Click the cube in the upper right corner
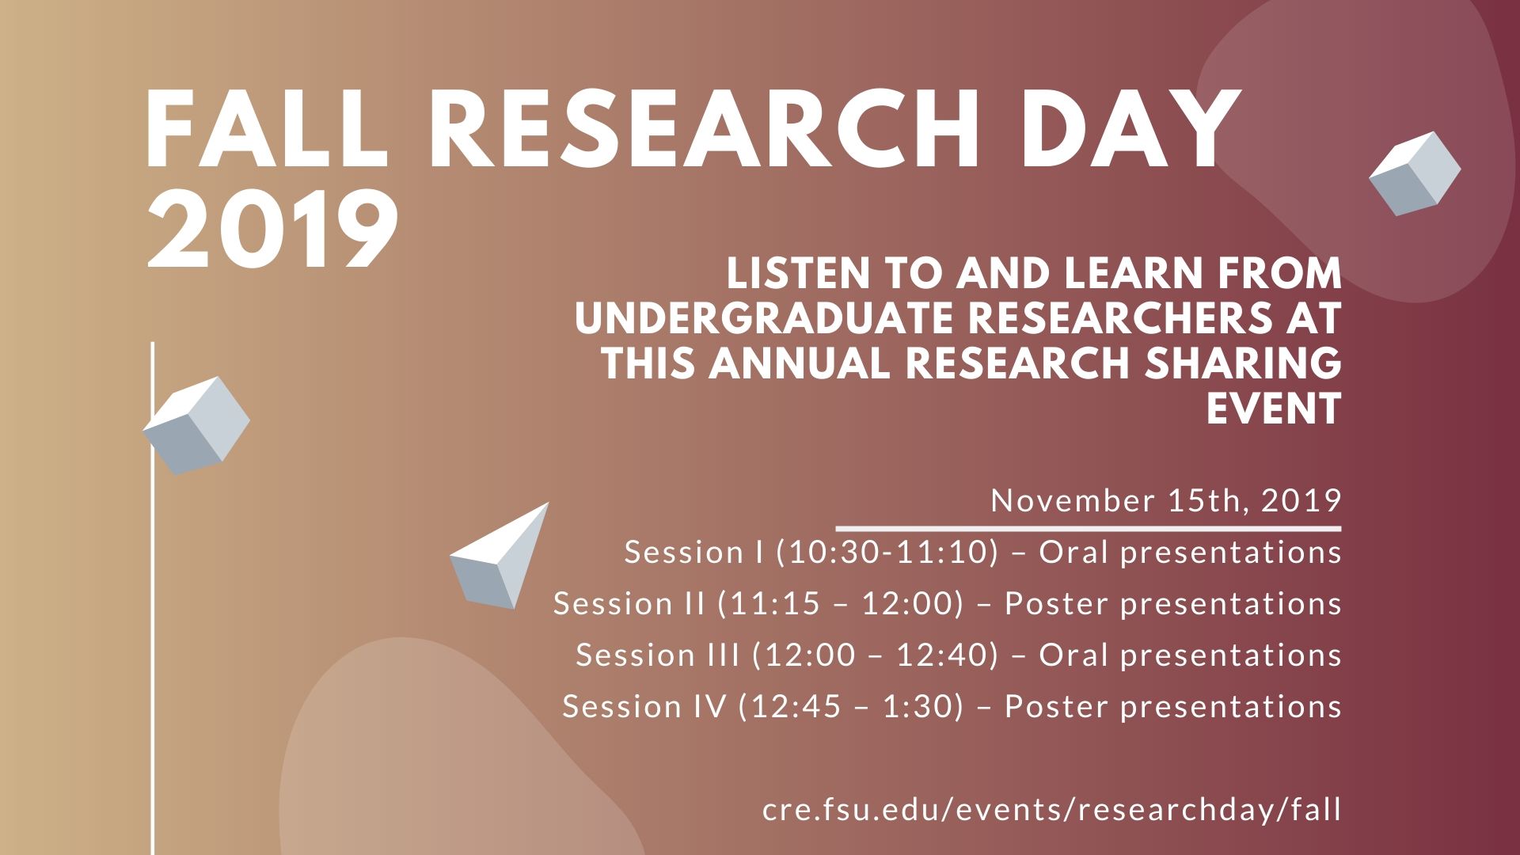(x=1415, y=173)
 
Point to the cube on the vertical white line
(x=196, y=426)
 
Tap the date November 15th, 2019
(x=1165, y=501)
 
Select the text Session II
(x=629, y=604)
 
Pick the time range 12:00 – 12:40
(x=876, y=655)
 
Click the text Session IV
(x=644, y=707)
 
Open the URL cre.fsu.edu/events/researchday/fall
(x=1051, y=810)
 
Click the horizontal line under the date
(x=1089, y=528)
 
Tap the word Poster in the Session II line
(x=1056, y=604)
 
